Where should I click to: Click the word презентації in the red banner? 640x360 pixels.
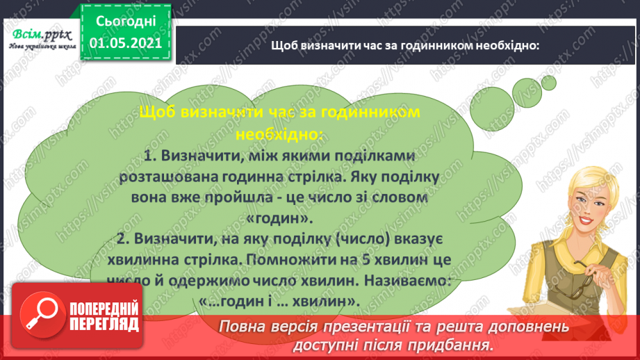pyautogui.click(x=367, y=326)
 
